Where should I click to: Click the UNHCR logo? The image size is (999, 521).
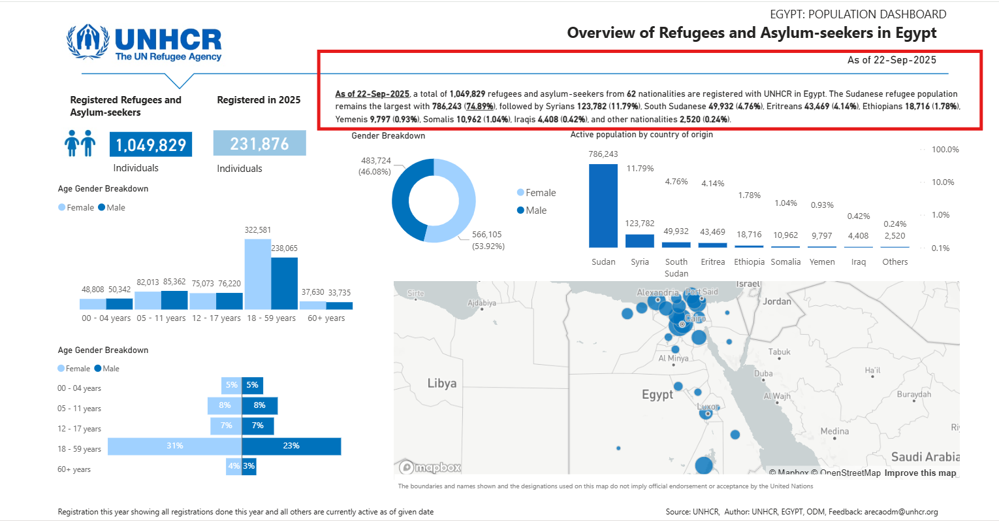(x=144, y=43)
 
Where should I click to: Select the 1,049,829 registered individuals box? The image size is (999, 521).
(x=151, y=144)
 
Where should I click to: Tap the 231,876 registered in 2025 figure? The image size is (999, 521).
(x=259, y=143)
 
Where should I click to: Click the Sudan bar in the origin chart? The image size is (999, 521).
(x=603, y=205)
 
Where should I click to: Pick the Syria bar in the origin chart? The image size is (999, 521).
(x=639, y=241)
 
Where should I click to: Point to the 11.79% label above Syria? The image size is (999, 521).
(x=640, y=169)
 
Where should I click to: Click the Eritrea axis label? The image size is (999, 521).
(x=712, y=262)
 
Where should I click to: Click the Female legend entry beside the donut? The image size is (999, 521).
(x=537, y=193)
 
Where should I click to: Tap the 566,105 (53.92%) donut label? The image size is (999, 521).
(x=488, y=240)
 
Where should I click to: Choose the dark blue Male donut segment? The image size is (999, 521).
(x=404, y=203)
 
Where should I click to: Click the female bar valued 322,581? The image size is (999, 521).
(x=257, y=274)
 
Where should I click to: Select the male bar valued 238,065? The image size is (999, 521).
(x=284, y=283)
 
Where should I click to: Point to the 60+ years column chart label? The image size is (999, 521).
(x=326, y=318)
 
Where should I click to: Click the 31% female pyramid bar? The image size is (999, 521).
(x=174, y=446)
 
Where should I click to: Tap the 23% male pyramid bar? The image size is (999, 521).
(x=291, y=446)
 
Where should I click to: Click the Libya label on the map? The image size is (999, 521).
(x=441, y=383)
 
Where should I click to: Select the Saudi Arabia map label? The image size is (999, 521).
(x=925, y=457)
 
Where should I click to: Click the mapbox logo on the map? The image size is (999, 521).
(x=430, y=467)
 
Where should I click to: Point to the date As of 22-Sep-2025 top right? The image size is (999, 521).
(x=891, y=60)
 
